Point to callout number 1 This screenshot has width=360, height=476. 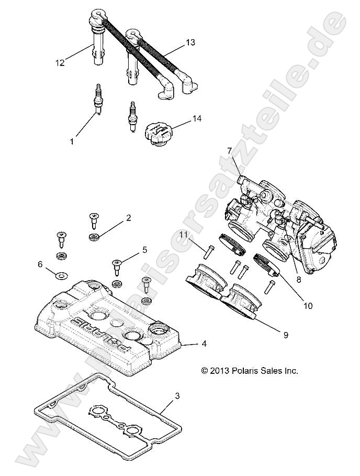pos(72,141)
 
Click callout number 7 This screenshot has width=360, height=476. pos(229,151)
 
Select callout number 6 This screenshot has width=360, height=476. pos(40,265)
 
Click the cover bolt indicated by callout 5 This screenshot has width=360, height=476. pos(116,267)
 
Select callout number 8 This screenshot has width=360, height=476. pos(298,280)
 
